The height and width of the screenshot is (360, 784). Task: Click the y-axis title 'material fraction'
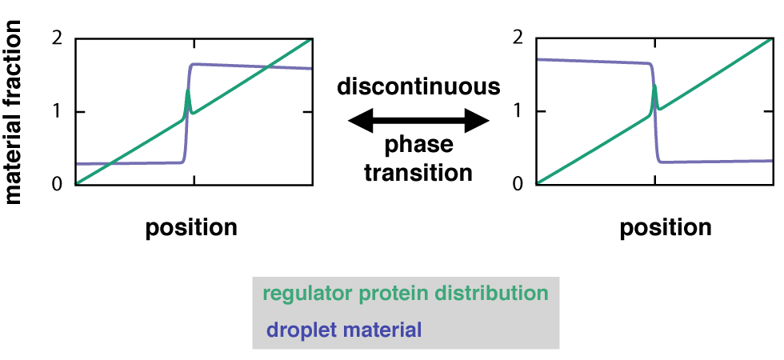pyautogui.click(x=14, y=111)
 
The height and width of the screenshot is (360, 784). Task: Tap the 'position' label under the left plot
pyautogui.click(x=191, y=228)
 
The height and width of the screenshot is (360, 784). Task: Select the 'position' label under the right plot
pyautogui.click(x=666, y=228)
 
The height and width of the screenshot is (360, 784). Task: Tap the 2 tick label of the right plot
pyautogui.click(x=518, y=38)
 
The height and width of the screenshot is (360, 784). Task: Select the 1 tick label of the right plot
pyautogui.click(x=518, y=111)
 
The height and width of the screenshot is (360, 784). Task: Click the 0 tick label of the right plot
pyautogui.click(x=518, y=184)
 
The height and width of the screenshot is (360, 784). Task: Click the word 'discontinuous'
pyautogui.click(x=418, y=86)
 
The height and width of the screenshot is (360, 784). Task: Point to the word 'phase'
pyautogui.click(x=419, y=146)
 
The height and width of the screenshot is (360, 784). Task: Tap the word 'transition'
pyautogui.click(x=418, y=173)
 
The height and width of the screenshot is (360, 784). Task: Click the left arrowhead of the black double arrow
pyautogui.click(x=361, y=121)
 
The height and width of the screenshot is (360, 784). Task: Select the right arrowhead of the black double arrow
pyautogui.click(x=477, y=121)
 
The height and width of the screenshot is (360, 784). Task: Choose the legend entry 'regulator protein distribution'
pyautogui.click(x=406, y=294)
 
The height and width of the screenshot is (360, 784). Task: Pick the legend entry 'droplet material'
pyautogui.click(x=344, y=330)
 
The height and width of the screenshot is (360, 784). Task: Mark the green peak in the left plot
pyautogui.click(x=188, y=90)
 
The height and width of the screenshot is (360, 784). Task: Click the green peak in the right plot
pyautogui.click(x=654, y=86)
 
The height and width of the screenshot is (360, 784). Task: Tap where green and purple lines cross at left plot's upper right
pyautogui.click(x=269, y=66)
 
